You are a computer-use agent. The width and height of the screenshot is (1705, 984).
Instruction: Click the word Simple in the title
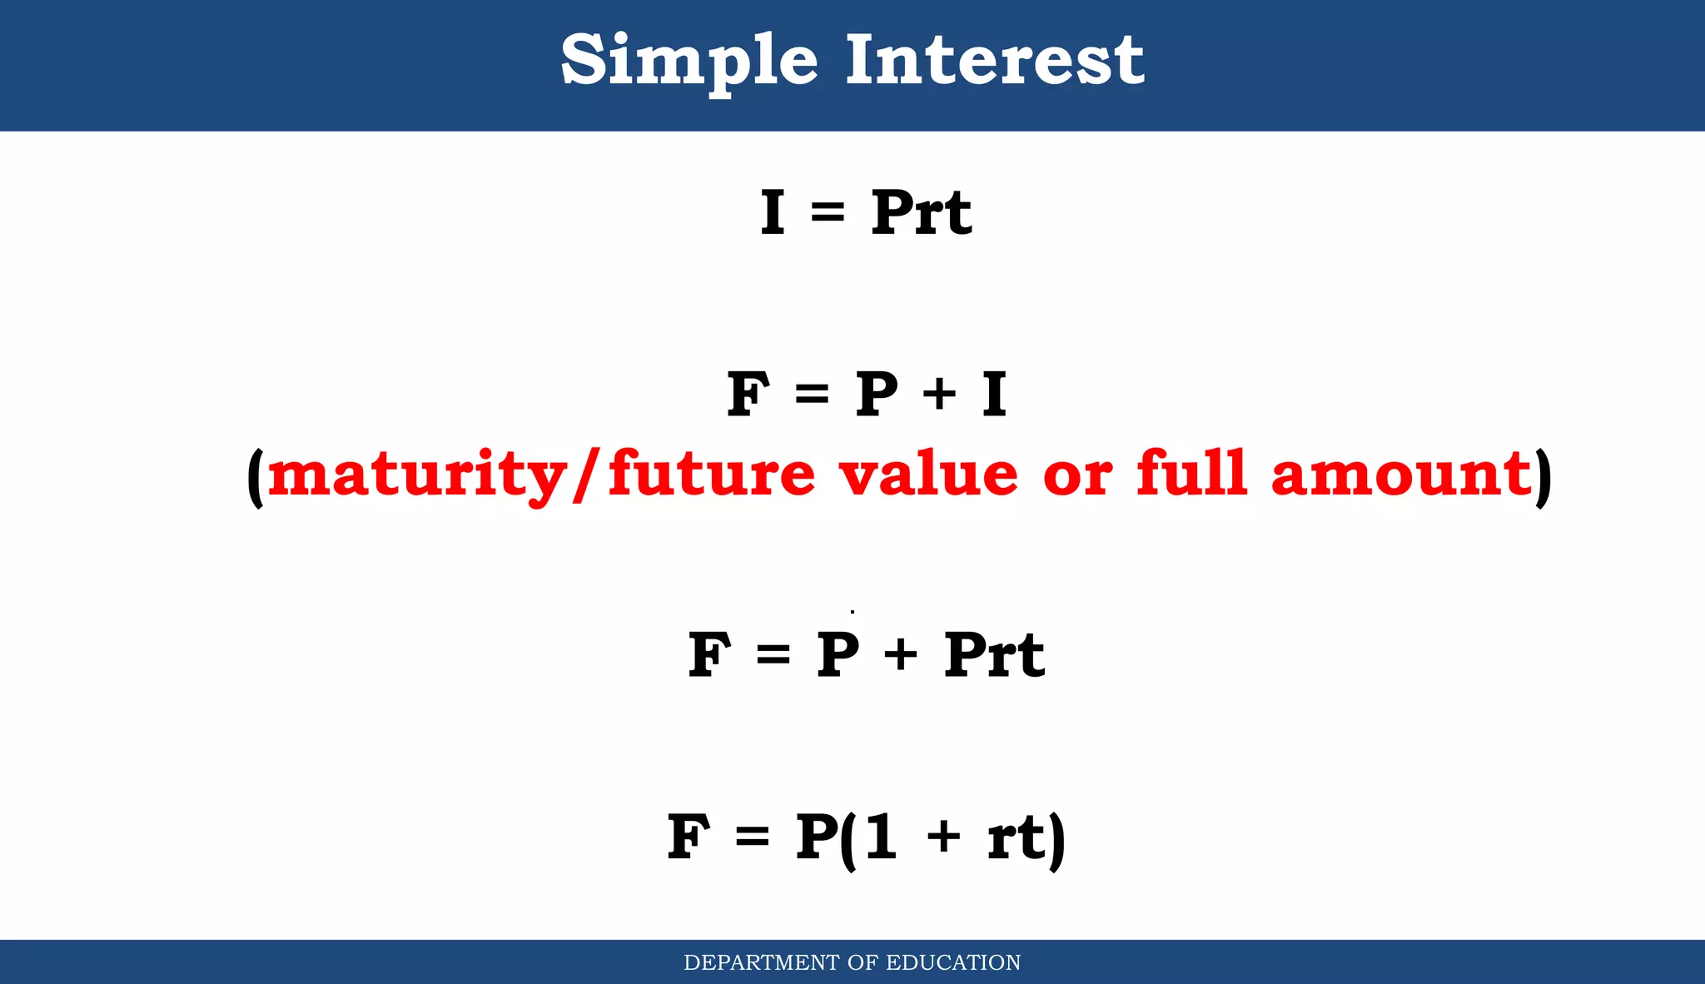tap(689, 60)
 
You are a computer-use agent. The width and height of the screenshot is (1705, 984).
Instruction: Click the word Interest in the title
tap(995, 60)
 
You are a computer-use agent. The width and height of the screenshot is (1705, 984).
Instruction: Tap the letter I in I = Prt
tap(773, 212)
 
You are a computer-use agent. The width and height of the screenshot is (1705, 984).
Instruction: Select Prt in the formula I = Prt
tap(921, 212)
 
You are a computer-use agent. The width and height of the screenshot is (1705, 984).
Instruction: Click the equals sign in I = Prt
tap(828, 214)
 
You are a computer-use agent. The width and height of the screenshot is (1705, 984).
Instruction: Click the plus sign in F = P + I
tap(939, 394)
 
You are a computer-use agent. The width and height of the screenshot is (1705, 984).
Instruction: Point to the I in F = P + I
tap(994, 394)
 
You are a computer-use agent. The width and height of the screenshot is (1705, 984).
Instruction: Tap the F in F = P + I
tap(748, 394)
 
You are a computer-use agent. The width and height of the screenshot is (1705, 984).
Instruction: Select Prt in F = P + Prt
tap(994, 654)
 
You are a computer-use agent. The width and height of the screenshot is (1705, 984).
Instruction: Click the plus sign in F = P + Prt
tap(901, 654)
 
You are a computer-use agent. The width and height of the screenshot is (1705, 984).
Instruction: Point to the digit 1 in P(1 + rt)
tap(881, 836)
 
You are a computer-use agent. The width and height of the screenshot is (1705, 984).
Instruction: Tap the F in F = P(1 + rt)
tap(688, 837)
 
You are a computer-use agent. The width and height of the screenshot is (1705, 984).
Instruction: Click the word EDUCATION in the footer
tap(953, 962)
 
